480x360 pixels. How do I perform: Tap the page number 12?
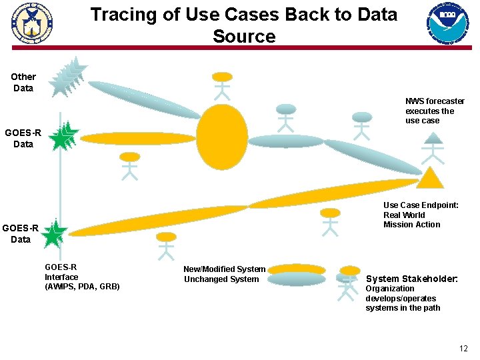pyautogui.click(x=463, y=349)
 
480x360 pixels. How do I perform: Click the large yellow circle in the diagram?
pyautogui.click(x=222, y=135)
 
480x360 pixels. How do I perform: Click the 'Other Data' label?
pyautogui.click(x=23, y=82)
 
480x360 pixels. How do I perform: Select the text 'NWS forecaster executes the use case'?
pyautogui.click(x=435, y=111)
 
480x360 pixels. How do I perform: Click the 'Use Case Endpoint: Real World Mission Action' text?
pyautogui.click(x=421, y=215)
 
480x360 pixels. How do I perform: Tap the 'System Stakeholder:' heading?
pyautogui.click(x=411, y=279)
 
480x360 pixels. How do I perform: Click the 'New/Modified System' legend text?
pyautogui.click(x=224, y=269)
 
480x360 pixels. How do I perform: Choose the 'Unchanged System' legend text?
pyautogui.click(x=221, y=279)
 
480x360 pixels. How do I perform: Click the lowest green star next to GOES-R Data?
pyautogui.click(x=55, y=233)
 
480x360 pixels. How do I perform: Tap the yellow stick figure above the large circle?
pyautogui.click(x=222, y=85)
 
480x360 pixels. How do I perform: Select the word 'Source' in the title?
pyautogui.click(x=244, y=36)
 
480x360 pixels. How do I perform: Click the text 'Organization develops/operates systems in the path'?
pyautogui.click(x=403, y=298)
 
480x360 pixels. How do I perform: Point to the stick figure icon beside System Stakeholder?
pyautogui.click(x=347, y=285)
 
